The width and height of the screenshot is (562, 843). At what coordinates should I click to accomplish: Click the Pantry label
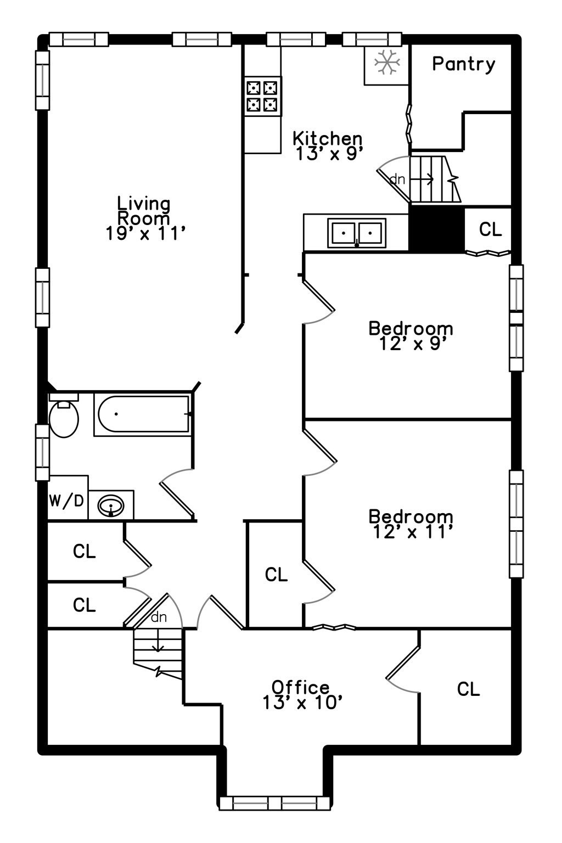[463, 64]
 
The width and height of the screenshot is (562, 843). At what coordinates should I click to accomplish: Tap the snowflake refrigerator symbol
[386, 61]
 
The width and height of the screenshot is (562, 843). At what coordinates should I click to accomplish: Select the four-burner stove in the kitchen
[262, 96]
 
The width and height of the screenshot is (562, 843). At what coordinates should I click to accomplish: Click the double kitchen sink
[357, 233]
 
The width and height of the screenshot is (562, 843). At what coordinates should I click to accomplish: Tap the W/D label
[66, 501]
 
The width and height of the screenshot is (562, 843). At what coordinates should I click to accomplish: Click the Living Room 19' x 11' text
[145, 218]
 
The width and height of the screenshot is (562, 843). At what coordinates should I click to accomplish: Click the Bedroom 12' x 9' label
[411, 336]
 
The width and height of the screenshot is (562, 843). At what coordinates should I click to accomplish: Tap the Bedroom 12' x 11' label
[411, 524]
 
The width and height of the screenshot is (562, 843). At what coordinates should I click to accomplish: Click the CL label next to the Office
[468, 689]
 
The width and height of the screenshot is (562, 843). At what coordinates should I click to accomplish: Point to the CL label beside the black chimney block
[490, 229]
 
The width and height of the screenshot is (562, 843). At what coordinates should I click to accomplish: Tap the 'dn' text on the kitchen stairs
[397, 179]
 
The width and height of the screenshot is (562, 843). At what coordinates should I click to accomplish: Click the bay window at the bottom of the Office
[275, 803]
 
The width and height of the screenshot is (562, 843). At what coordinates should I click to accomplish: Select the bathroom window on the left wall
[42, 452]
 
